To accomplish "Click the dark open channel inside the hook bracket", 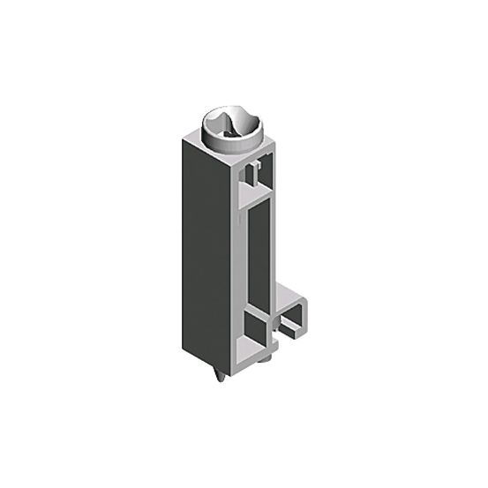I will (x=290, y=326).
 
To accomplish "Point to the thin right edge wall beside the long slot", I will (x=274, y=247).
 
